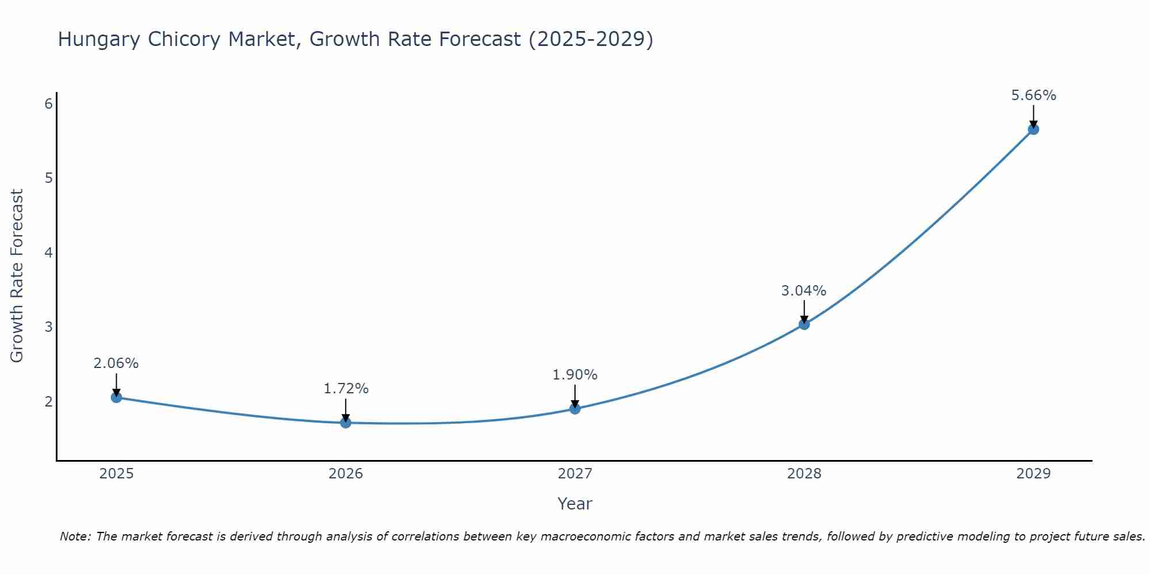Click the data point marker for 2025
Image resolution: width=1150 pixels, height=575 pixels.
[116, 397]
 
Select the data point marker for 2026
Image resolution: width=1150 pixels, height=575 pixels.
[346, 423]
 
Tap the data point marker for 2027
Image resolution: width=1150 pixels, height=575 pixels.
[575, 409]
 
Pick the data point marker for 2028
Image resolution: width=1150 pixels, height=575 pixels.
[804, 324]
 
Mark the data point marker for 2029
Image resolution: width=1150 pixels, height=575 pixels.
[1033, 129]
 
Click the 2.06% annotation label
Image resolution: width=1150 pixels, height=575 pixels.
[116, 363]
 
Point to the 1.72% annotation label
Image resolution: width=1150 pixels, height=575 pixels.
[346, 389]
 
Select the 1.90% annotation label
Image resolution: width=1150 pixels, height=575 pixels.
[575, 375]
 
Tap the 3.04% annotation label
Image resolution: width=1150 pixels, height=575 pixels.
[804, 291]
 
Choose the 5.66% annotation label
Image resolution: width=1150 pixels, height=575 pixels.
[1033, 95]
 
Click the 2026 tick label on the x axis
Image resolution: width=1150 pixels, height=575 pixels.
[346, 474]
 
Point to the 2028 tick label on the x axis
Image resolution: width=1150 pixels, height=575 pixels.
[804, 474]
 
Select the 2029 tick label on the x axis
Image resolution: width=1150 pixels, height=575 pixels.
[1033, 474]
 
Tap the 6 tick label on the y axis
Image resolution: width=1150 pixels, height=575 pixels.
[49, 103]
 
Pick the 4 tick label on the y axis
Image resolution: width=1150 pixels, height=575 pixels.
[49, 252]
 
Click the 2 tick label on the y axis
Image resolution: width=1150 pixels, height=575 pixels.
[49, 401]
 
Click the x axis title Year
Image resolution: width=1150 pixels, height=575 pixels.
[574, 504]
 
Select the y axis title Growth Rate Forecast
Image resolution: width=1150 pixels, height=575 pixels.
[17, 276]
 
